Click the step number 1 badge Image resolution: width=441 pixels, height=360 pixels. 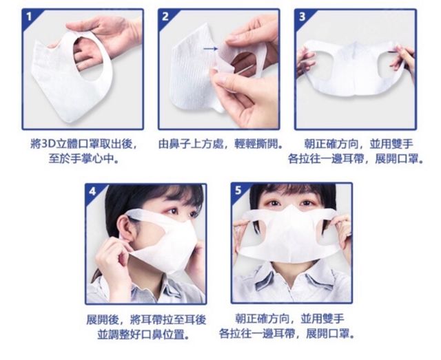[x=29, y=16]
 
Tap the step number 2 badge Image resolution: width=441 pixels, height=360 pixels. [x=165, y=16]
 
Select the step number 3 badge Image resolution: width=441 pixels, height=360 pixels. [x=302, y=16]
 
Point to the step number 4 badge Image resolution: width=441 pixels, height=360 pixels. [x=92, y=191]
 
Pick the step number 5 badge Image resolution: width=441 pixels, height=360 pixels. [x=238, y=190]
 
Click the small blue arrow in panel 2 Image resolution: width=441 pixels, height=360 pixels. [x=210, y=49]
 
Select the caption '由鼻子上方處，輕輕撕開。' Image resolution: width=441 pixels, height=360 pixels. [x=220, y=144]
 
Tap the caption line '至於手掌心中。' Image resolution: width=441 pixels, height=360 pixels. [x=83, y=159]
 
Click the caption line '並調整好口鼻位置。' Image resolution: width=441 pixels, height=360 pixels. [x=143, y=335]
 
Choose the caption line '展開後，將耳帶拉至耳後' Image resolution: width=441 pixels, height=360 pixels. [x=146, y=319]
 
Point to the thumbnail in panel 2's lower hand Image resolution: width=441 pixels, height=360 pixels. [x=222, y=80]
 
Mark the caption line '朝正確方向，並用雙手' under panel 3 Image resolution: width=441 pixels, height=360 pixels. [x=358, y=144]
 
